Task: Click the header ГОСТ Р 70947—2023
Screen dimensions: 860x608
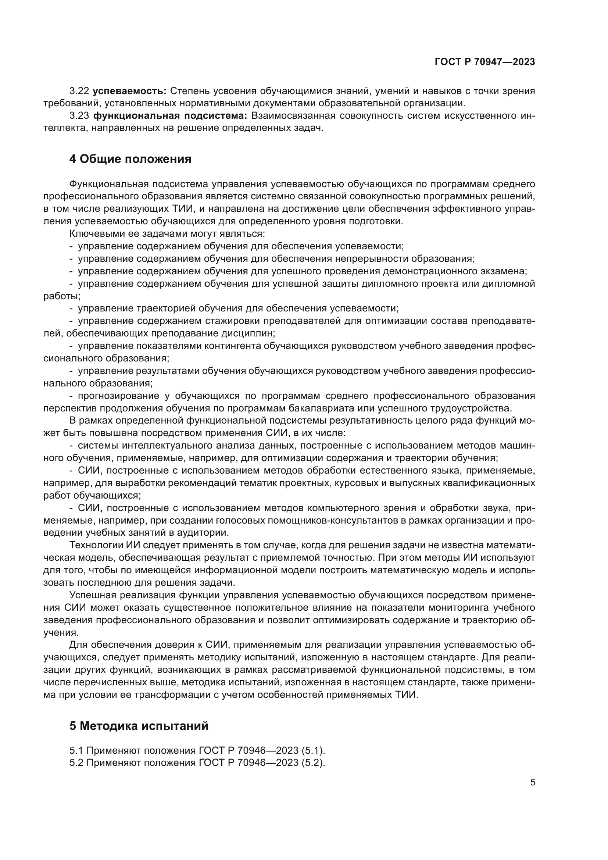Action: [484, 62]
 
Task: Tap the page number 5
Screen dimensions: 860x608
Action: [532, 782]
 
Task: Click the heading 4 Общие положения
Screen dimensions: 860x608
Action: [130, 159]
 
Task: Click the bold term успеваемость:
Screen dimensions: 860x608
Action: [129, 91]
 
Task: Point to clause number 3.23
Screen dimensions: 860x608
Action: [79, 116]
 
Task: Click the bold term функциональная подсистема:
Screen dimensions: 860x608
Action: [170, 116]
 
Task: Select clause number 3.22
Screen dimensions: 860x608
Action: [79, 91]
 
